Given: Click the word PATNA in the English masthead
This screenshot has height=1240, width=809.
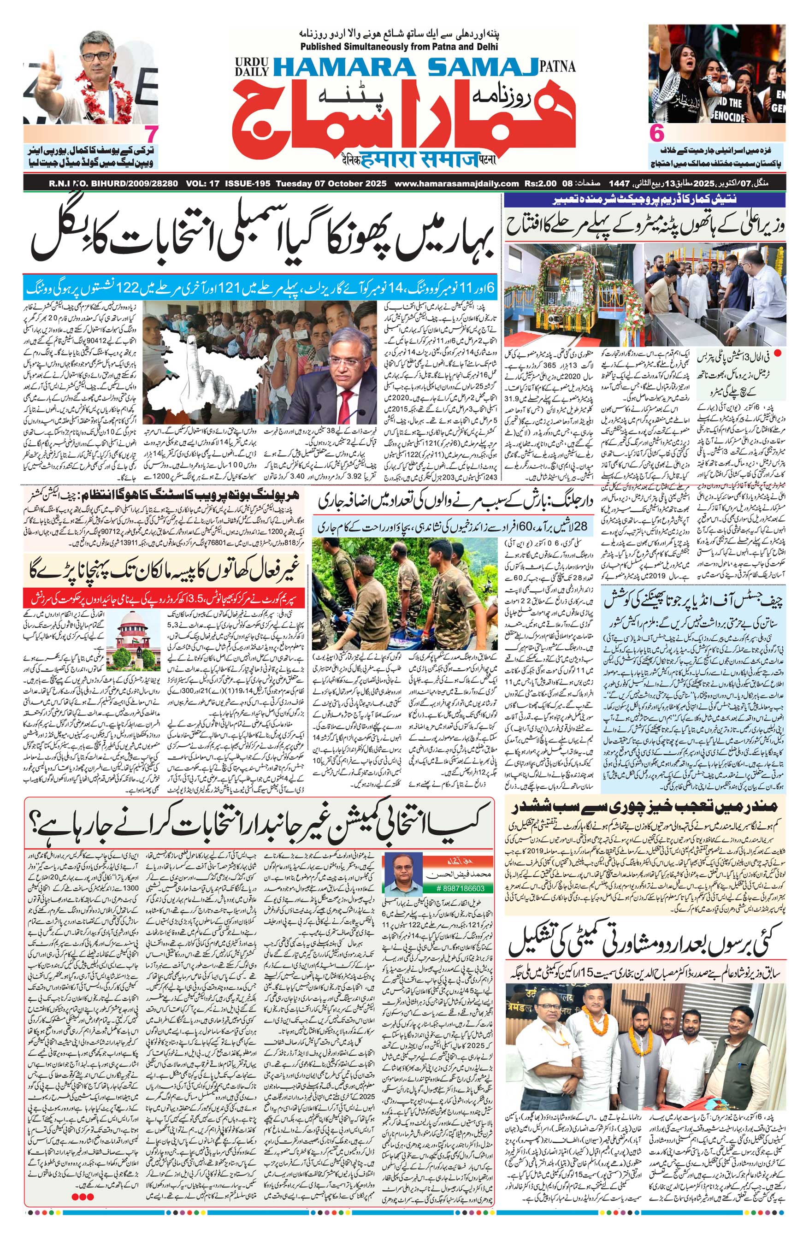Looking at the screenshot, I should point(558,66).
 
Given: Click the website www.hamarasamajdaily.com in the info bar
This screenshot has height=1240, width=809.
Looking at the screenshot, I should point(456,183).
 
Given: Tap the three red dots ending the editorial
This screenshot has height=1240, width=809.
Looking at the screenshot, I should point(83,1225).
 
